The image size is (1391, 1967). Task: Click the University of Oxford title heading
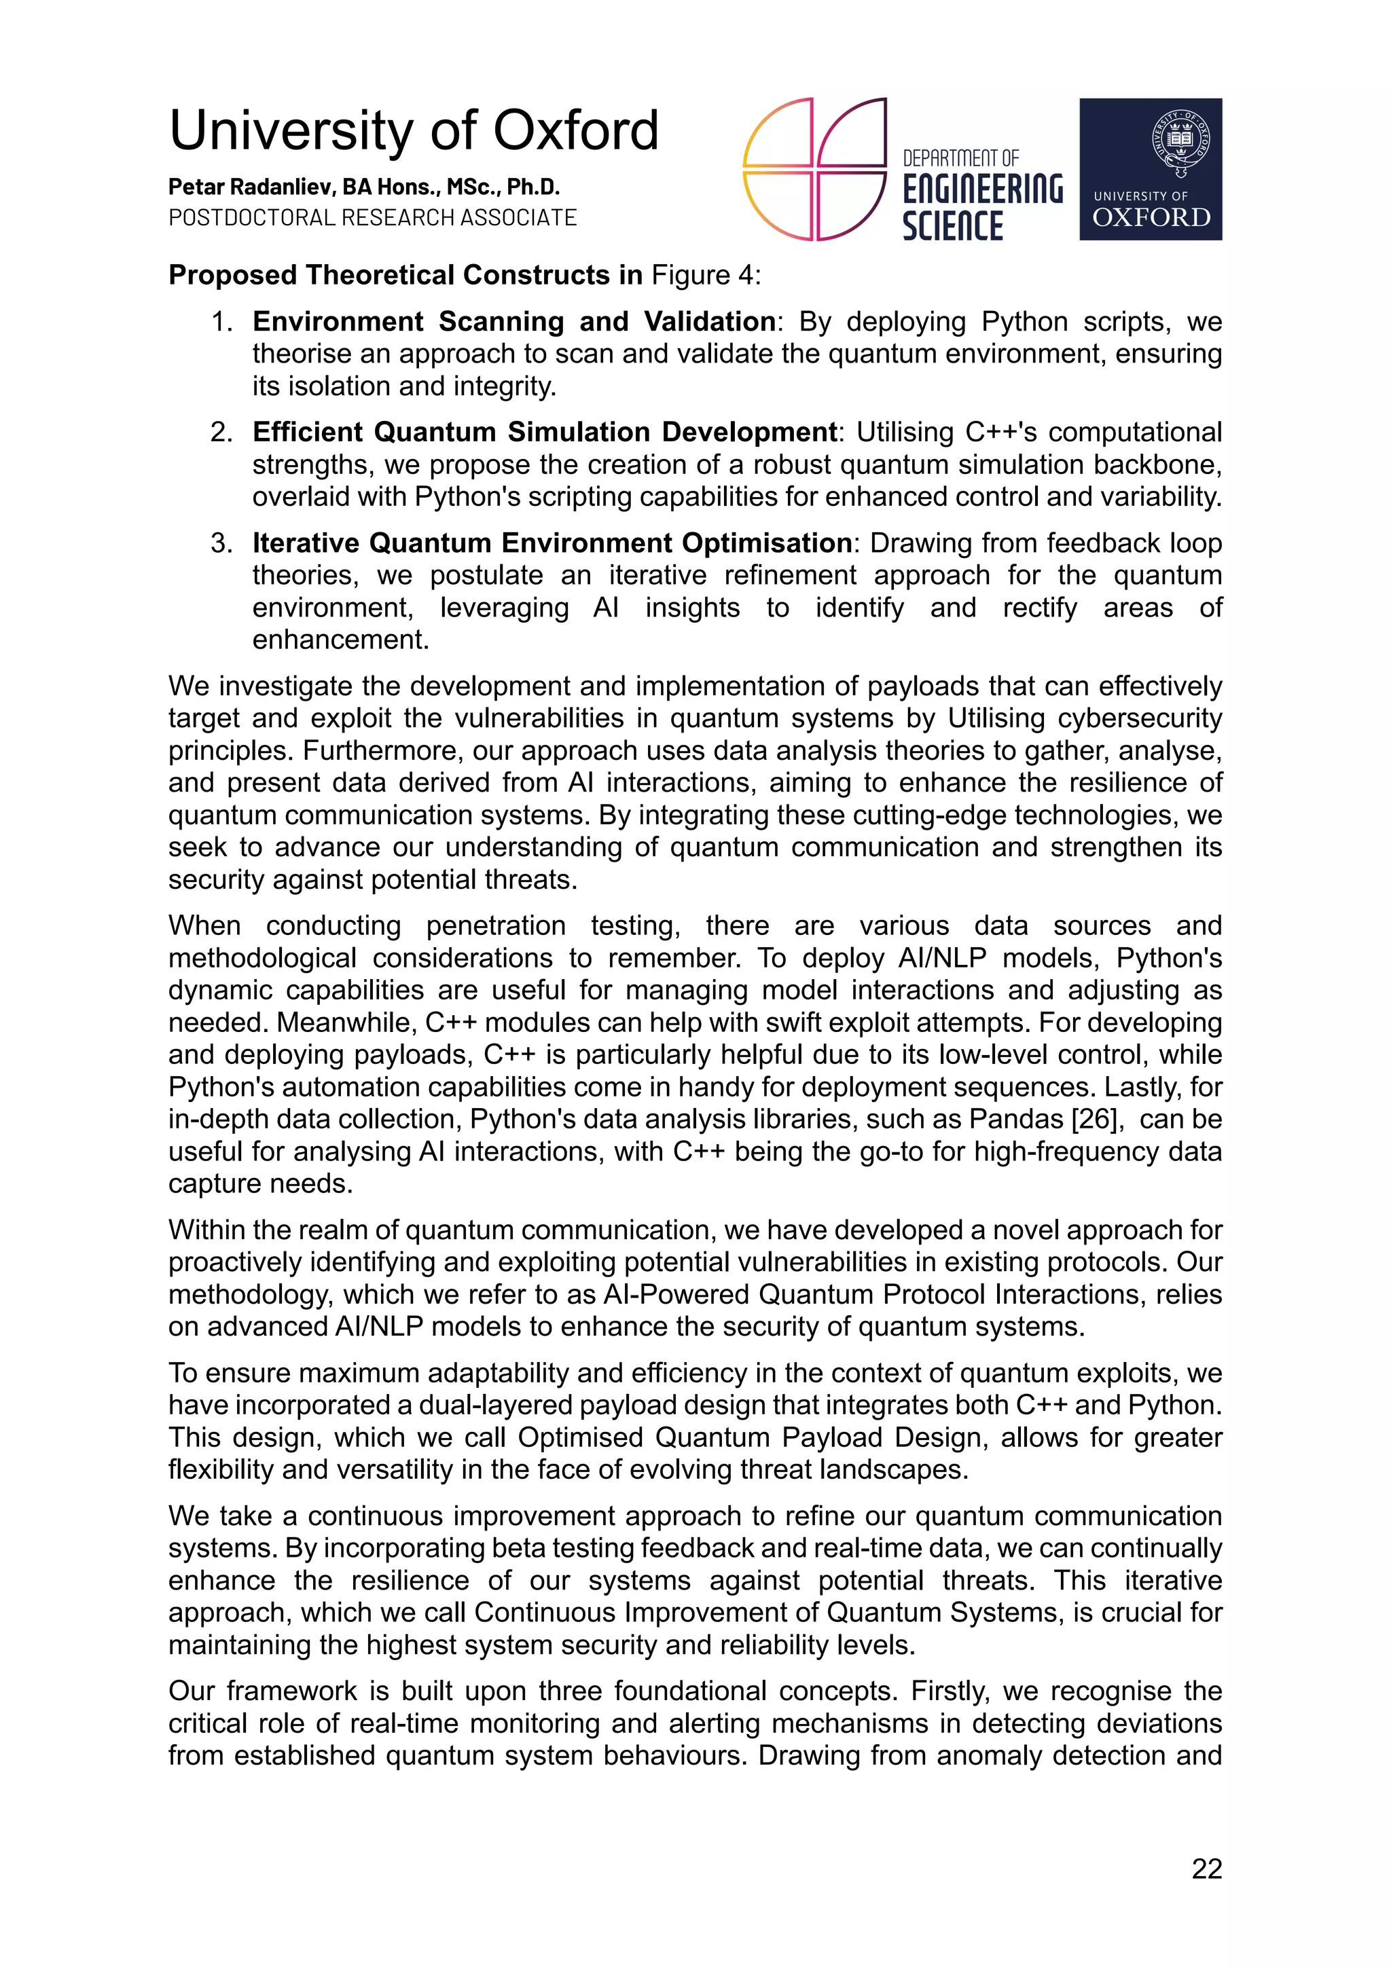413,130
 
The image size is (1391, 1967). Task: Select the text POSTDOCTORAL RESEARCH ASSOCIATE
372,217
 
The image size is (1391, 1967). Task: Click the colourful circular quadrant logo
814,169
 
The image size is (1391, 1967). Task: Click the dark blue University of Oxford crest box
1149,169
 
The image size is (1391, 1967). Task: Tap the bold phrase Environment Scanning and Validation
514,322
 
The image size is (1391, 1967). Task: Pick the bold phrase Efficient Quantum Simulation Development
544,433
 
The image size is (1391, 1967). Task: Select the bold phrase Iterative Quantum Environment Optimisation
551,543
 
